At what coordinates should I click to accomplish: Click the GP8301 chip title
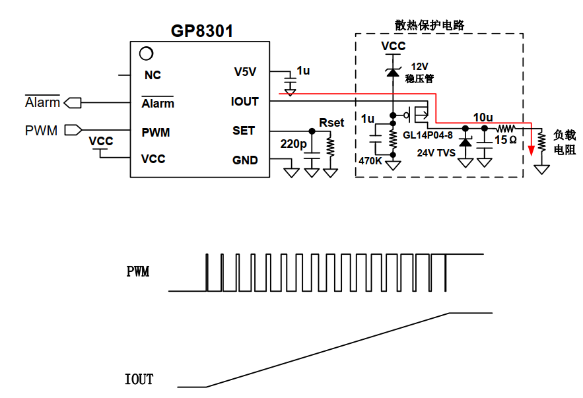[x=202, y=31]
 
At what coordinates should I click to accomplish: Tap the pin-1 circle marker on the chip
[x=146, y=53]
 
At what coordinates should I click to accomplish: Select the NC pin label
[x=153, y=75]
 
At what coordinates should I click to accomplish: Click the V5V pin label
[x=245, y=72]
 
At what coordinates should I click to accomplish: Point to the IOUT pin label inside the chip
[x=245, y=102]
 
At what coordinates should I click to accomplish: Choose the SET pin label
[x=244, y=131]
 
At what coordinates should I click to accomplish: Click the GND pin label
[x=245, y=160]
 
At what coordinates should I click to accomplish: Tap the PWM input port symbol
[x=73, y=130]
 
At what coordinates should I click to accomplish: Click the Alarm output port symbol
[x=73, y=102]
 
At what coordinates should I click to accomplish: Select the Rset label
[x=331, y=123]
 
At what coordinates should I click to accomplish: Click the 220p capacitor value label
[x=293, y=144]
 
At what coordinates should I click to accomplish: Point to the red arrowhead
[x=532, y=150]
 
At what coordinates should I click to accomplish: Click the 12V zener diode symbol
[x=393, y=72]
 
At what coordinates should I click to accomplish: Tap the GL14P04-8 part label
[x=428, y=135]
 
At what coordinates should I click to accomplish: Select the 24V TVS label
[x=436, y=152]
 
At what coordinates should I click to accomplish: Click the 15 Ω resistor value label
[x=505, y=140]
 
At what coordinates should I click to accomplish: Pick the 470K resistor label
[x=370, y=160]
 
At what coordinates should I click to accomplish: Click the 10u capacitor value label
[x=483, y=117]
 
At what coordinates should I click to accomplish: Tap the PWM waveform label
[x=138, y=271]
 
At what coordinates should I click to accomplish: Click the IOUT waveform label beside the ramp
[x=139, y=379]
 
